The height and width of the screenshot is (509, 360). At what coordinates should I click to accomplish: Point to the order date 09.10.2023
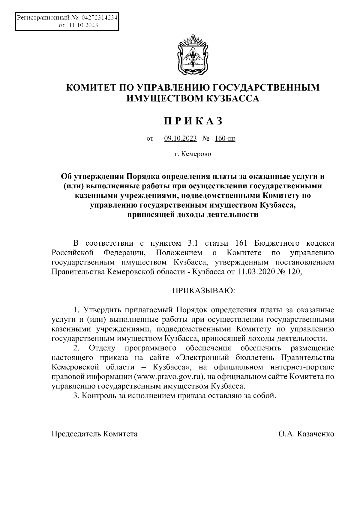[x=179, y=139]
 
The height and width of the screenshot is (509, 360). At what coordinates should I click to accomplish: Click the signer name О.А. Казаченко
[x=306, y=434]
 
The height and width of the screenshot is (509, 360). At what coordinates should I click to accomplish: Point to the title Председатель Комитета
[x=94, y=434]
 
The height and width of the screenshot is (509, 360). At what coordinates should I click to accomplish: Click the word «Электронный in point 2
[x=198, y=358]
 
